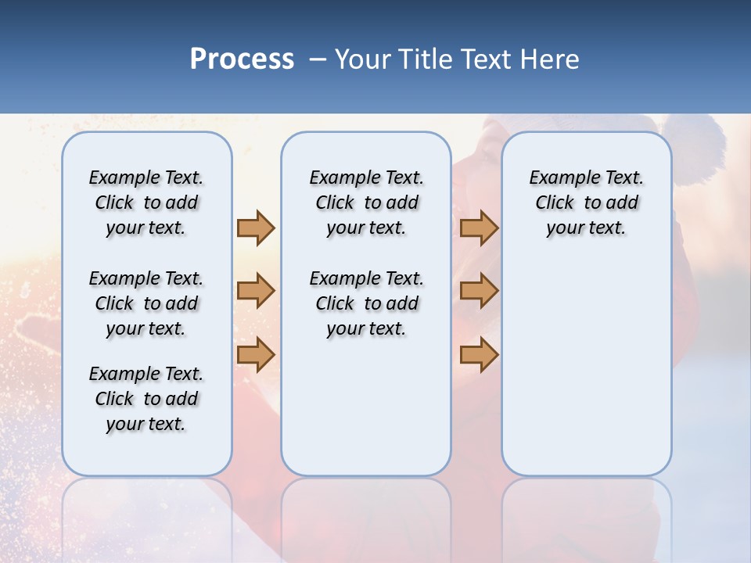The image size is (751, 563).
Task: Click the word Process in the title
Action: click(242, 59)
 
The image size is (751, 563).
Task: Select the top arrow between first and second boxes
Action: click(256, 228)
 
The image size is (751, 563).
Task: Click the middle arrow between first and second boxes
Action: click(256, 292)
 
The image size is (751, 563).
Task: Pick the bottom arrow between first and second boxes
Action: click(256, 355)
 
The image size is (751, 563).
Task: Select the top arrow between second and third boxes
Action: click(479, 228)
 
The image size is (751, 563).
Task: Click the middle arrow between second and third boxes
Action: click(479, 292)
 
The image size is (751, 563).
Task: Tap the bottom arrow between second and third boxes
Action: click(479, 355)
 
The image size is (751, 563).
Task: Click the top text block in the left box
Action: click(146, 203)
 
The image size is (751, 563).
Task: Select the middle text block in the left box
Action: click(146, 303)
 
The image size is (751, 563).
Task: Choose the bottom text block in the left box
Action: click(146, 399)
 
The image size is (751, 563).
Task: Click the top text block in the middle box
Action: click(366, 203)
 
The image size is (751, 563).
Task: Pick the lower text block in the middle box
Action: click(366, 303)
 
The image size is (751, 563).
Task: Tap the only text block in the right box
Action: click(586, 203)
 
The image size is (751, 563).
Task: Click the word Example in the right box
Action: click(559, 178)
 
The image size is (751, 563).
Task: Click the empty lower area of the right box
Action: click(586, 375)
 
